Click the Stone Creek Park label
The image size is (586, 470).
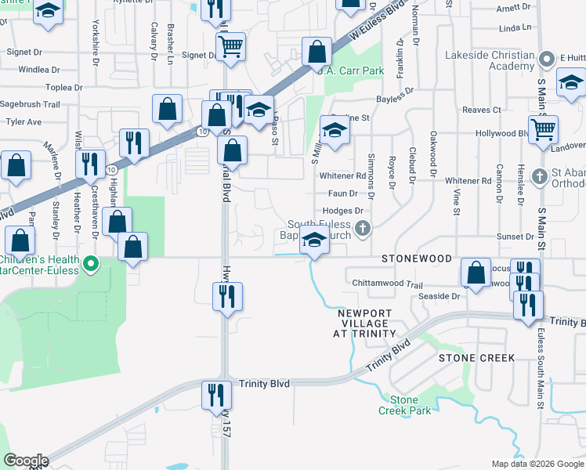coord(404,404)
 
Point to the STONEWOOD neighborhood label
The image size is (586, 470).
coord(417,258)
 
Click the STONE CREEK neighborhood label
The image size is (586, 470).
coord(476,358)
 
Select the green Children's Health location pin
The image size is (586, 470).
coord(90,263)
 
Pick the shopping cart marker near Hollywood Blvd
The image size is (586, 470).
coord(543,129)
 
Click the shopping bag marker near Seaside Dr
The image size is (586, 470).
coord(476,273)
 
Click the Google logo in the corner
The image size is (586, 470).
coord(25,461)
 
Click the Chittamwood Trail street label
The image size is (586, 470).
coord(387,285)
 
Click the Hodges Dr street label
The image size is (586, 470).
coord(343,211)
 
